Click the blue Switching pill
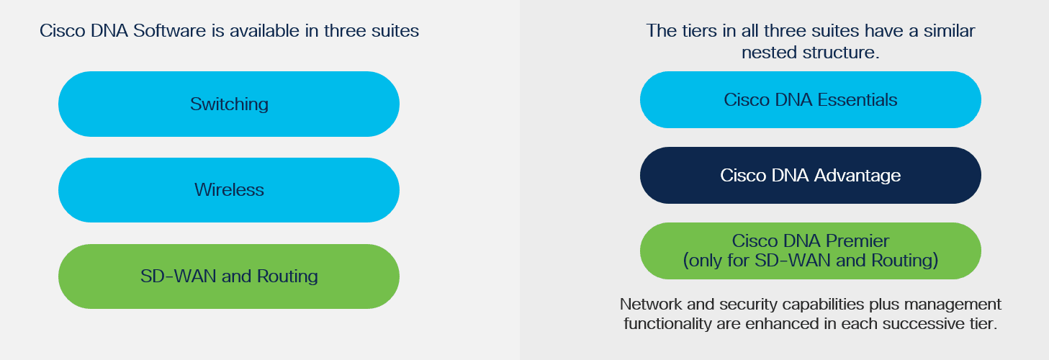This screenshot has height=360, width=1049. pos(229,104)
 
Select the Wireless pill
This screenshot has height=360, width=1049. pos(229,190)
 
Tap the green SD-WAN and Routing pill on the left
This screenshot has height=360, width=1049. pos(229,276)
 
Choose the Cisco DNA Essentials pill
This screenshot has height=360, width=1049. pos(811,99)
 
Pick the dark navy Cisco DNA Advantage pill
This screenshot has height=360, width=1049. pos(811,175)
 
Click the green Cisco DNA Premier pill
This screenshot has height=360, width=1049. pos(811,251)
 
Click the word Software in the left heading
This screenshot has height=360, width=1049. pos(169,31)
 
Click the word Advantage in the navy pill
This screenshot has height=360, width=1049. pos(857,176)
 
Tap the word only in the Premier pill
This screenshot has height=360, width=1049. pos(706,261)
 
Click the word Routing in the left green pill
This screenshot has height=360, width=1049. pos(287,276)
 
